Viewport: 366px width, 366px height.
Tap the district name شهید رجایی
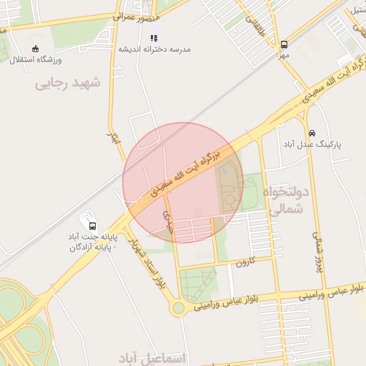[69, 84]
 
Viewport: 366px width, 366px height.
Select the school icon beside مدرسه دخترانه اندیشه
[154, 38]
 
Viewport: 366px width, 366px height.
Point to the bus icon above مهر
[284, 44]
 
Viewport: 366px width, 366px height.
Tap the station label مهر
[284, 54]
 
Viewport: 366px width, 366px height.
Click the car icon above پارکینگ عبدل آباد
[312, 133]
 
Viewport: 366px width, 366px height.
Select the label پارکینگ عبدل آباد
[312, 144]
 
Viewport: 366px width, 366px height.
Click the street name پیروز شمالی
[320, 247]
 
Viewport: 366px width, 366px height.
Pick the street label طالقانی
[255, 28]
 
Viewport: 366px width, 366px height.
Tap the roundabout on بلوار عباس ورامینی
[178, 308]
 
